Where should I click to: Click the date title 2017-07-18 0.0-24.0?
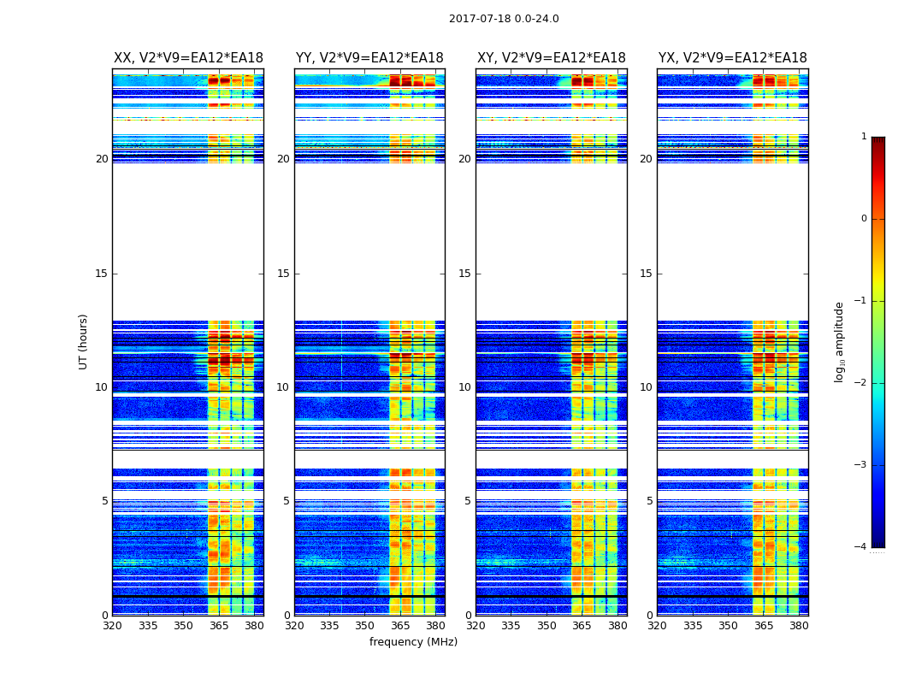click(x=504, y=19)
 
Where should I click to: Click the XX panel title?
click(x=188, y=58)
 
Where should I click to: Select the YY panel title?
click(x=369, y=58)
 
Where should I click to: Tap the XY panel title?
click(x=551, y=58)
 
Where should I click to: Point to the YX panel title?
click(x=732, y=58)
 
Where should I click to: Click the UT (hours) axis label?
click(x=84, y=341)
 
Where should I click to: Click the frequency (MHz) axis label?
click(x=413, y=642)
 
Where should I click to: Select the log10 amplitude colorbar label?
click(x=840, y=341)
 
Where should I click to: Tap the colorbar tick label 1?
click(x=864, y=137)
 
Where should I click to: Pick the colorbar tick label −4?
click(x=861, y=547)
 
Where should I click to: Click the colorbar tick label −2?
click(x=861, y=383)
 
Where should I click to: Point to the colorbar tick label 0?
click(x=864, y=219)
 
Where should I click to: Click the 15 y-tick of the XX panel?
click(x=103, y=274)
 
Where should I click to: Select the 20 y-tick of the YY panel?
click(x=283, y=159)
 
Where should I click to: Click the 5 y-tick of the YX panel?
click(x=649, y=501)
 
